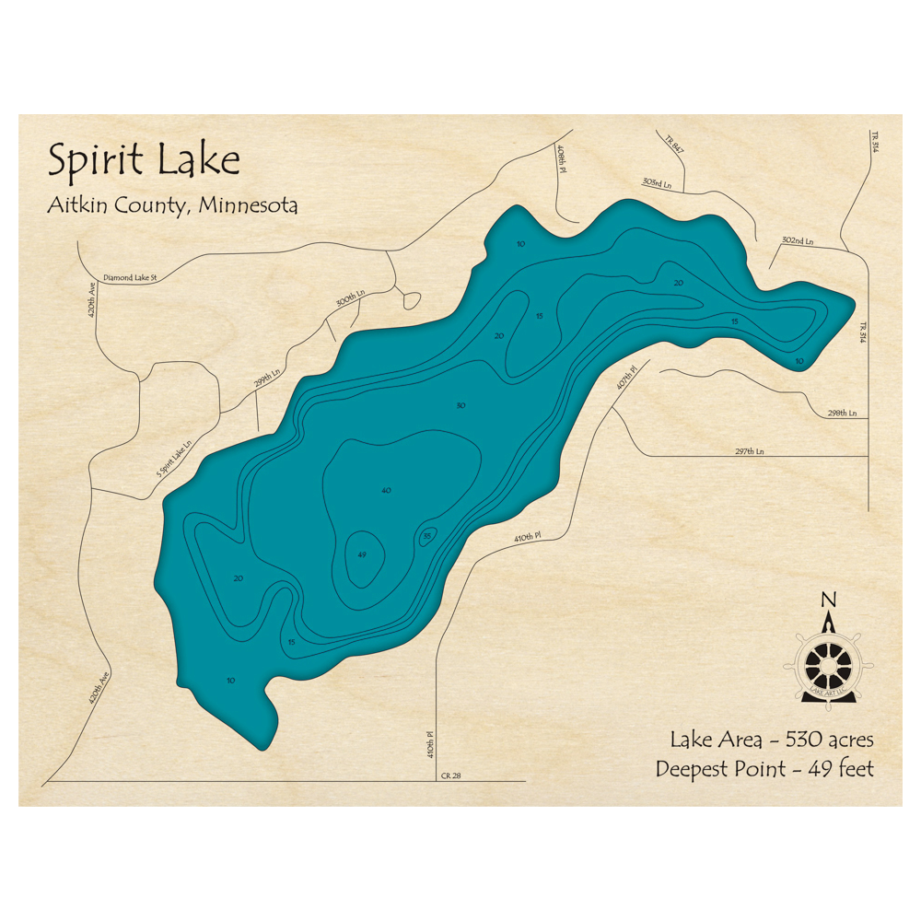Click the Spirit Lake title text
(x=144, y=159)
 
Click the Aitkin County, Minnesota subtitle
(x=172, y=205)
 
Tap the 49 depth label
(x=362, y=554)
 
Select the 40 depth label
(x=386, y=491)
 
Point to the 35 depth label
(x=427, y=536)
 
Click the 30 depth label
(x=460, y=405)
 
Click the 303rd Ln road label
(x=658, y=183)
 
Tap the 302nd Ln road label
(x=798, y=241)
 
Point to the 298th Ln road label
(x=841, y=414)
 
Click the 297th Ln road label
(x=750, y=451)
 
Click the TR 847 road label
(x=675, y=143)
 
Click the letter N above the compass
(x=828, y=601)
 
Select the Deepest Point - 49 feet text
(x=764, y=768)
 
